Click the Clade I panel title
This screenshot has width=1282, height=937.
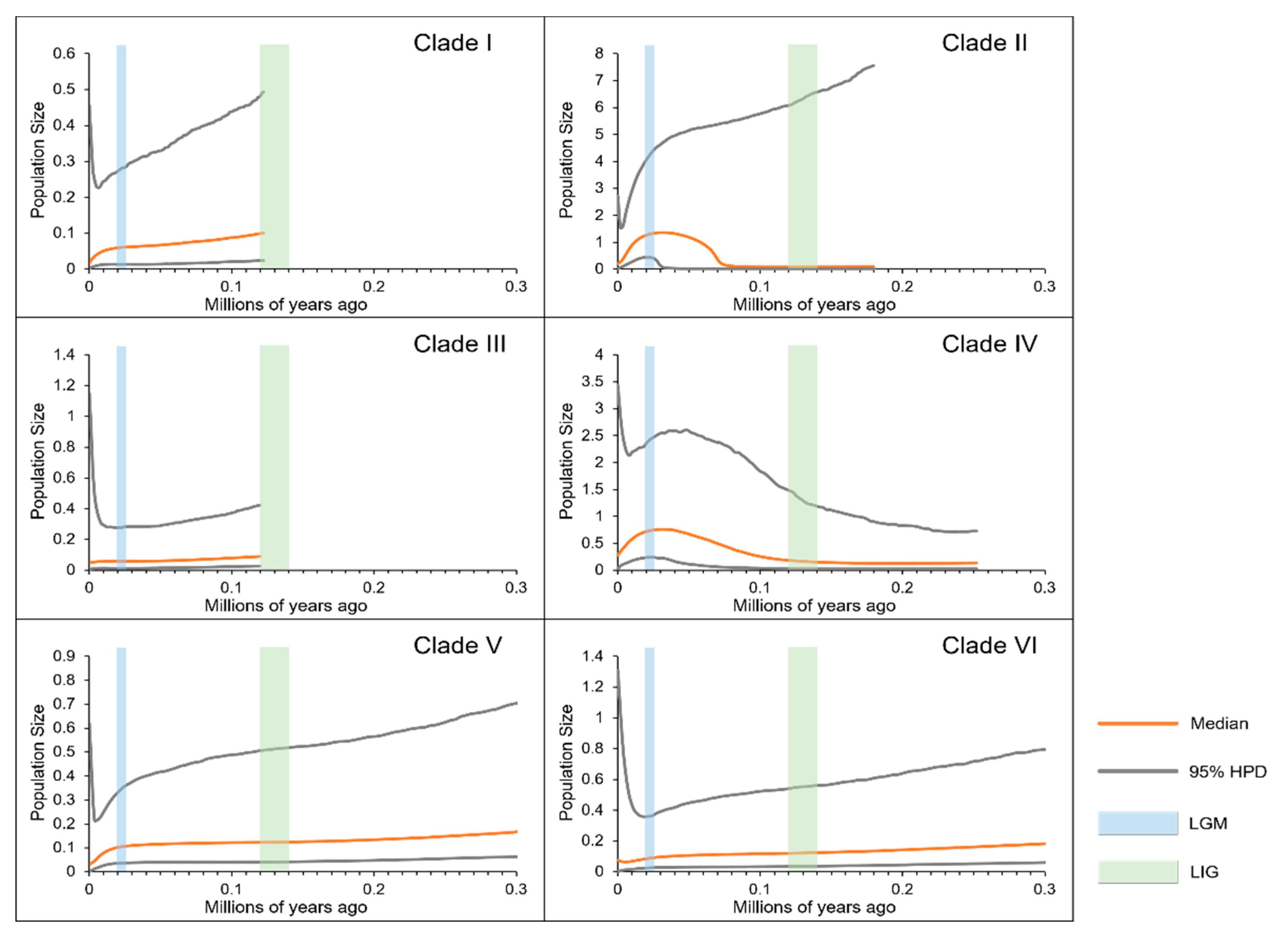(453, 43)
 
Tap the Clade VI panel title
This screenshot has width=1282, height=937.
(989, 645)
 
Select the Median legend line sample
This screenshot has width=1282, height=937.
(1137, 723)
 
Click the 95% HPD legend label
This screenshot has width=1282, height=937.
(1227, 771)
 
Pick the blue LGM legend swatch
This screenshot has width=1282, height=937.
(1137, 823)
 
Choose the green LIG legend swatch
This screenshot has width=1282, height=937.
(1137, 872)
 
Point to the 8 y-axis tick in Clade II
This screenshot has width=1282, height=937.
(599, 53)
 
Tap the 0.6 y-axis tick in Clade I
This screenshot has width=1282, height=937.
(64, 53)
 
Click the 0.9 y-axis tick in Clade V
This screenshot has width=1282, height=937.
(64, 656)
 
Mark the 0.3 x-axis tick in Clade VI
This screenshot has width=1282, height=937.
(1044, 889)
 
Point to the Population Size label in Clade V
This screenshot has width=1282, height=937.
(38, 763)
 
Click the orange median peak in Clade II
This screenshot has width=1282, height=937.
(662, 233)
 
